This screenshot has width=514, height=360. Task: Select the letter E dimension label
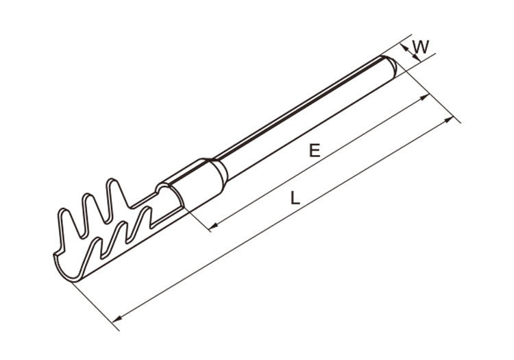(x=315, y=151)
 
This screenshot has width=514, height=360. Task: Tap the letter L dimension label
(x=295, y=199)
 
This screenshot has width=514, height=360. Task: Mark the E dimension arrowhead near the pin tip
(x=426, y=97)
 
